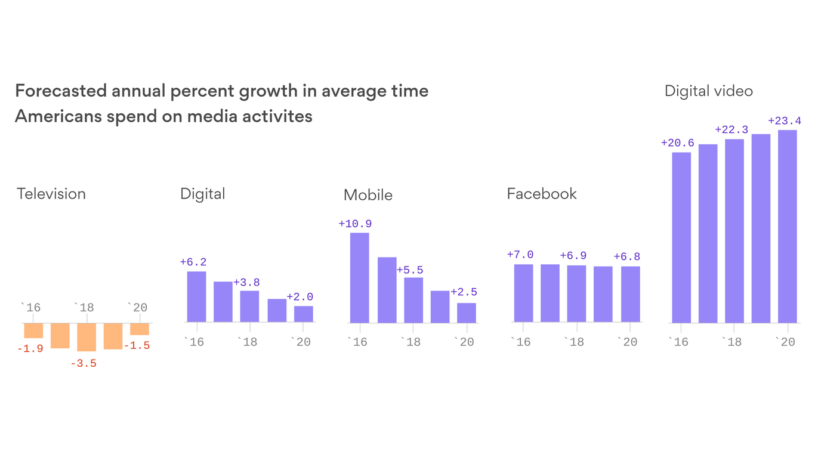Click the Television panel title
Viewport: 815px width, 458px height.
(51, 194)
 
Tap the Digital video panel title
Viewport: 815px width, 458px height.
(708, 91)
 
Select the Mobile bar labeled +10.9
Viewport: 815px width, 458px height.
(359, 277)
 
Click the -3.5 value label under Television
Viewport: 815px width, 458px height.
(83, 363)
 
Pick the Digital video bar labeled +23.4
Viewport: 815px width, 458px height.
(787, 226)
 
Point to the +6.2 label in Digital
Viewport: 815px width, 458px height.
(193, 262)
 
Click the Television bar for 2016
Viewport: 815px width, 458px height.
(33, 330)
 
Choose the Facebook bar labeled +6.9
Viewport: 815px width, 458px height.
(576, 293)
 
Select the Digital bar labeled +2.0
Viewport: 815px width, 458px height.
(303, 314)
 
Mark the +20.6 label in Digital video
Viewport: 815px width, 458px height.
(677, 143)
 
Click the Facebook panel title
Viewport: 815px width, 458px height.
(541, 194)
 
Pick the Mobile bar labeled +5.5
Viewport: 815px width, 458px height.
(413, 300)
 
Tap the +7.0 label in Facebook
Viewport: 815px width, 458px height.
(520, 255)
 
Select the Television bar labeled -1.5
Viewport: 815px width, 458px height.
(140, 329)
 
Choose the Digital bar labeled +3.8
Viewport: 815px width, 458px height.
(249, 306)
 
